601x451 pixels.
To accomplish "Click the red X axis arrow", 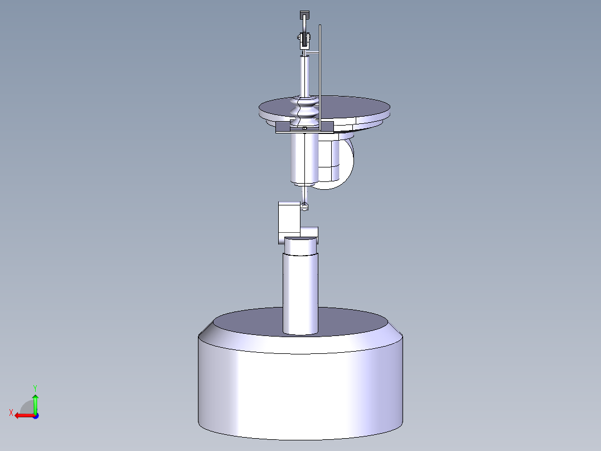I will pos(22,415).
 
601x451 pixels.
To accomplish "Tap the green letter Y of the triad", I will pos(35,387).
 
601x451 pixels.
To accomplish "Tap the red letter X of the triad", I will pos(11,412).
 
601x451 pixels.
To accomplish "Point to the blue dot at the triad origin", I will pos(35,415).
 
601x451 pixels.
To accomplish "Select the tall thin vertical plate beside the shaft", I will pos(320,67).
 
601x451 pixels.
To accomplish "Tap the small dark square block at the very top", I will pos(304,15).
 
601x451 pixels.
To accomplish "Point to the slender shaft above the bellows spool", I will pos(304,75).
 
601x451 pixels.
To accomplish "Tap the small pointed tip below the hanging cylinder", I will pos(304,207).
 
